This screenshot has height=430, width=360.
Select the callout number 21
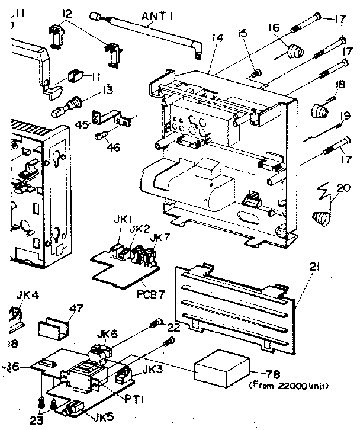[x=314, y=268]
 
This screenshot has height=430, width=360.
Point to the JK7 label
[x=156, y=237]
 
